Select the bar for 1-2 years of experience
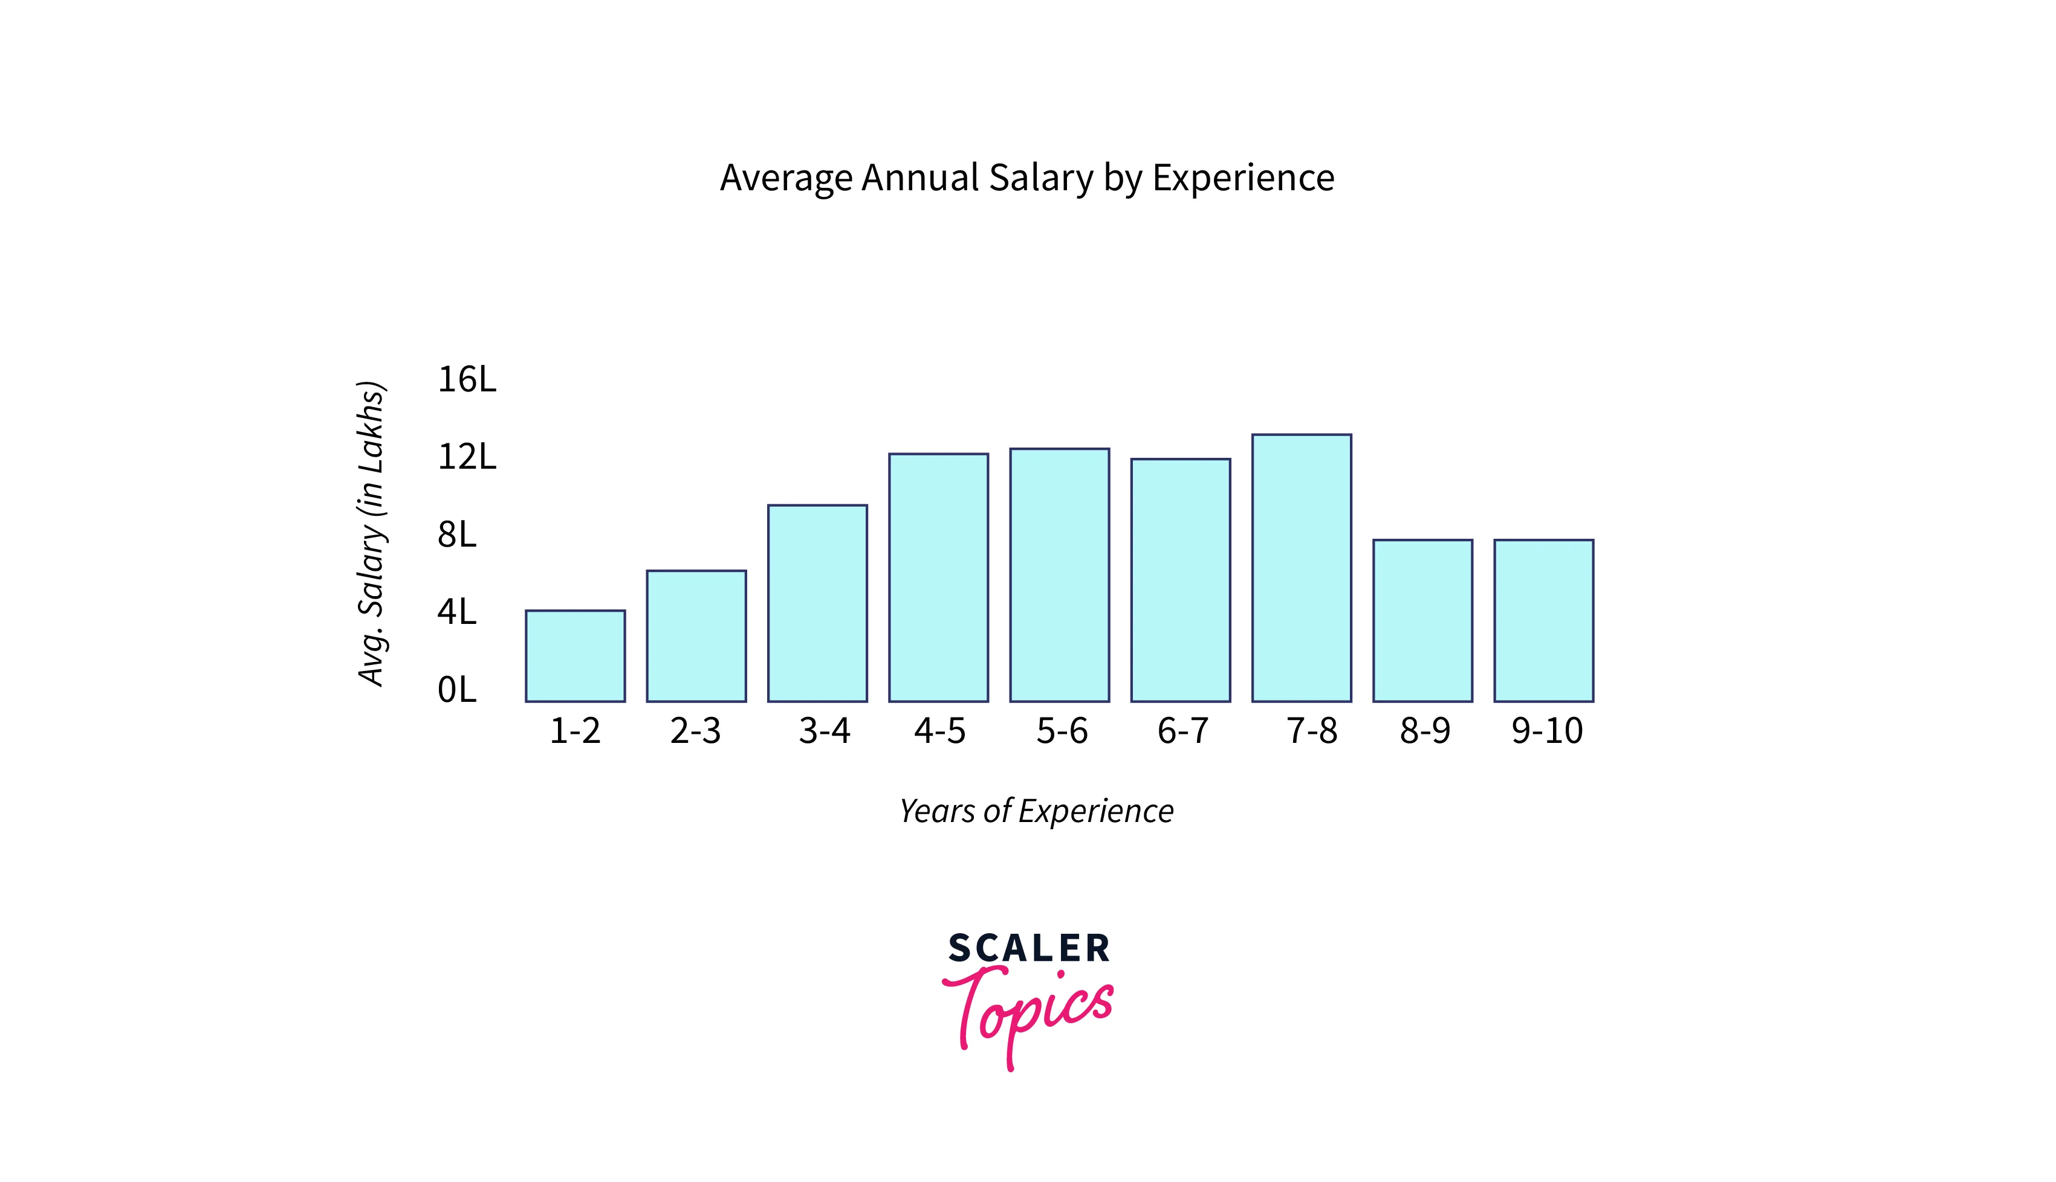pyautogui.click(x=575, y=656)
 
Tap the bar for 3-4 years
pyautogui.click(x=817, y=603)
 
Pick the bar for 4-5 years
pyautogui.click(x=938, y=577)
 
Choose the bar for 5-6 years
pyautogui.click(x=1059, y=575)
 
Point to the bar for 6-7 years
pyautogui.click(x=1180, y=580)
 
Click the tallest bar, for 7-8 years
pyautogui.click(x=1302, y=568)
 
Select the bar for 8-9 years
pyautogui.click(x=1422, y=620)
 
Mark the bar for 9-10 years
pyautogui.click(x=1543, y=620)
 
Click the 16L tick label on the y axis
pyautogui.click(x=466, y=379)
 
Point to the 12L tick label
pyautogui.click(x=466, y=457)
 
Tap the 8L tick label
pyautogui.click(x=456, y=535)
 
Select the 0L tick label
pyautogui.click(x=456, y=690)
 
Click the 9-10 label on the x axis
pyautogui.click(x=1546, y=731)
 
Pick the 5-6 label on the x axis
pyautogui.click(x=1062, y=731)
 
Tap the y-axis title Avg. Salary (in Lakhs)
pyautogui.click(x=371, y=533)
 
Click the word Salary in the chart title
pyautogui.click(x=1040, y=178)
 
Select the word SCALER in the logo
pyautogui.click(x=1028, y=948)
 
